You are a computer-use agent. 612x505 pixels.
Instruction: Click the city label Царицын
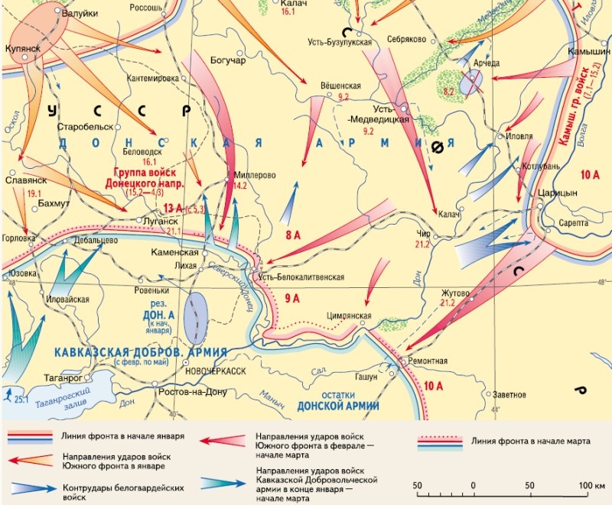coord(558,193)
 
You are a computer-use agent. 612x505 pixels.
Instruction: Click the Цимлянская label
coord(348,316)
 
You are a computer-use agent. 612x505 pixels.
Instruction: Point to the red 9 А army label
coord(293,298)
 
